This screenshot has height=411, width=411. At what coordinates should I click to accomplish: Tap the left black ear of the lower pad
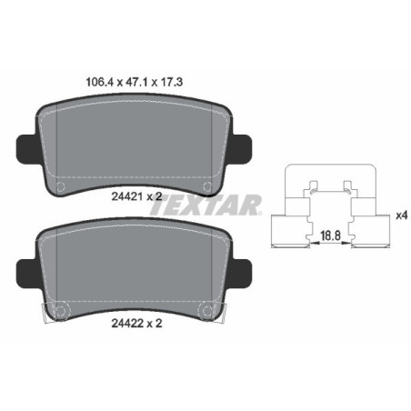coord(27,271)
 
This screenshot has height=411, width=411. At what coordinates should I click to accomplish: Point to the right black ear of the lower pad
coord(243,271)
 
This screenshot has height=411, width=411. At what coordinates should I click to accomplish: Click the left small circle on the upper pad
coord(62,188)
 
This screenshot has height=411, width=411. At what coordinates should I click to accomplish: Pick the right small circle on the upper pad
coord(209,188)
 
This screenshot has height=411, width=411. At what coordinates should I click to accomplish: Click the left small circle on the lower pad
coord(62,312)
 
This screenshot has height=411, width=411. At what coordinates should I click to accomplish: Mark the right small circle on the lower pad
coord(209,312)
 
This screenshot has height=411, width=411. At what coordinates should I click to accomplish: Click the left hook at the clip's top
coord(312,187)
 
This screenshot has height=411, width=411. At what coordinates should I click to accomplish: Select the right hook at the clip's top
coord(346,187)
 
